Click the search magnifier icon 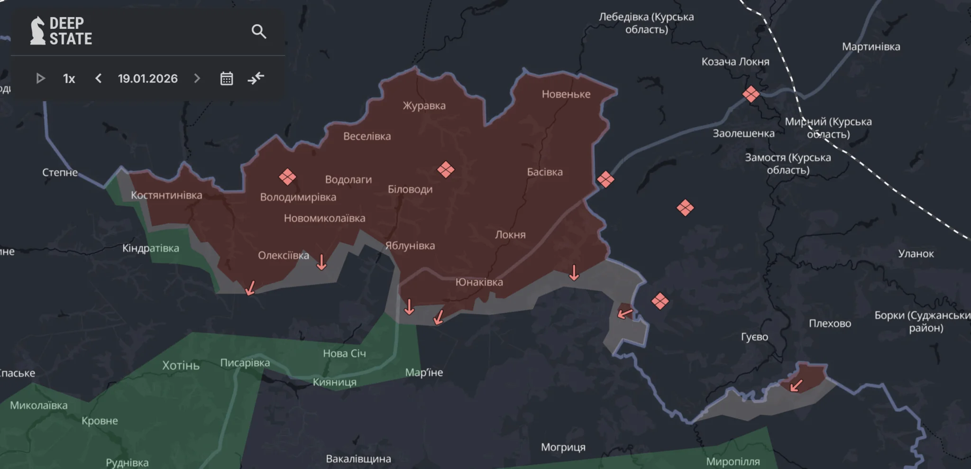pos(258,31)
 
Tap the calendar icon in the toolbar pos(227,78)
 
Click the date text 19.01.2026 pos(147,78)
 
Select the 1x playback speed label pos(69,78)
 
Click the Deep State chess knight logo pos(37,31)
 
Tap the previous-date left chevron pos(98,78)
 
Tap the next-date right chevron pos(197,78)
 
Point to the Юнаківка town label pos(479,282)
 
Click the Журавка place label pos(424,105)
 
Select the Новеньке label pos(566,94)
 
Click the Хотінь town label pos(181,365)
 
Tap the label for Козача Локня pos(735,62)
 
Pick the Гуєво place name pos(754,337)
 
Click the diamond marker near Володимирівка pos(287,177)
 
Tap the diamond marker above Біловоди pos(446,169)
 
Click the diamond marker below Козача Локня pos(751,93)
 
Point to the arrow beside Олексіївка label pos(321,262)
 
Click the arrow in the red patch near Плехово pos(797,385)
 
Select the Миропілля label pos(733,461)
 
